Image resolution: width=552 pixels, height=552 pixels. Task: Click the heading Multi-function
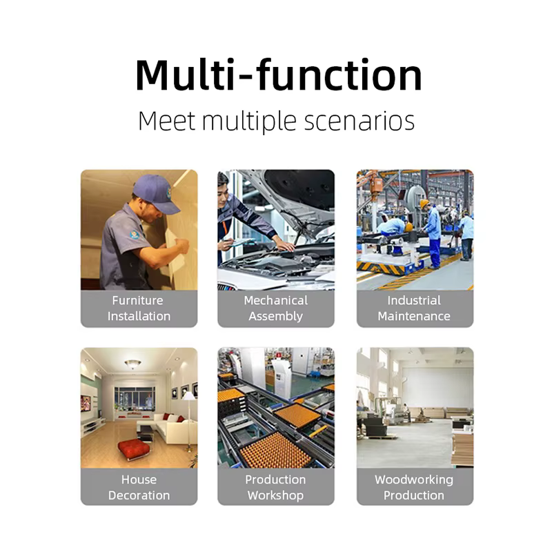tap(278, 75)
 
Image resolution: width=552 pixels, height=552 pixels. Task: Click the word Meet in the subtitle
tap(166, 121)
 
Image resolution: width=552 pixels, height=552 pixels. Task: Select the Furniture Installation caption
tap(139, 308)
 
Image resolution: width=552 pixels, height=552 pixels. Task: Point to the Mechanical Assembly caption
tap(275, 308)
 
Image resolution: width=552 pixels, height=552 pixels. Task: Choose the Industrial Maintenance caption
tap(414, 308)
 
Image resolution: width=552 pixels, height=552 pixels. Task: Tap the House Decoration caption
tap(139, 487)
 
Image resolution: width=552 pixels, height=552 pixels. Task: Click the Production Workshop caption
tap(275, 487)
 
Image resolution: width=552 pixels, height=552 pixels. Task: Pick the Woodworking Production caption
tap(414, 487)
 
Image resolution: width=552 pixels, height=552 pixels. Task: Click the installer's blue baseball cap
tap(156, 193)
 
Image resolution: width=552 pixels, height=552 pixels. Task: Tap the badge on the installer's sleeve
tap(135, 235)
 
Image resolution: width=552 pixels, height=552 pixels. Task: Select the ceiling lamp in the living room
tap(132, 364)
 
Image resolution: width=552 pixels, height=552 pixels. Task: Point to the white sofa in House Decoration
tap(176, 428)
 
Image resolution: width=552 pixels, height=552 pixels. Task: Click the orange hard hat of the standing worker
tap(424, 204)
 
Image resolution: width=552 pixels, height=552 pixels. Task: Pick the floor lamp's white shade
tap(188, 395)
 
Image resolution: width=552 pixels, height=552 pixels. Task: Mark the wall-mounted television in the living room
tap(86, 403)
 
